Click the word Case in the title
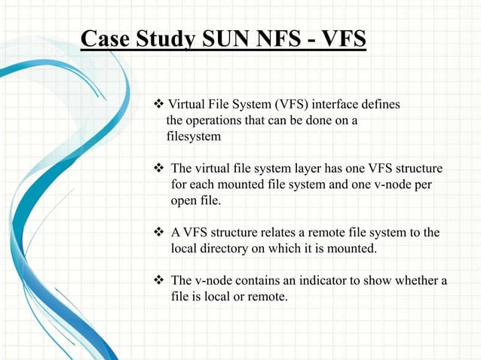coord(104,38)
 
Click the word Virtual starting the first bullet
coord(188,104)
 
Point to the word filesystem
coord(194,137)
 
